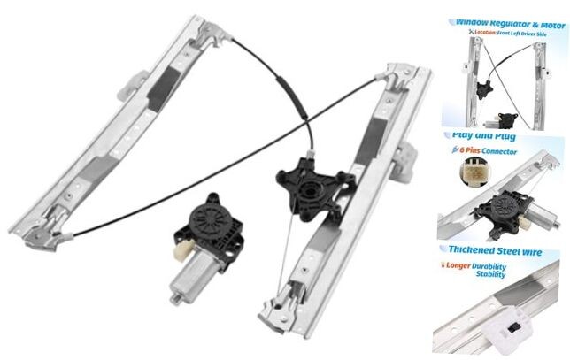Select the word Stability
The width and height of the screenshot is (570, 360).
pos(488,275)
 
